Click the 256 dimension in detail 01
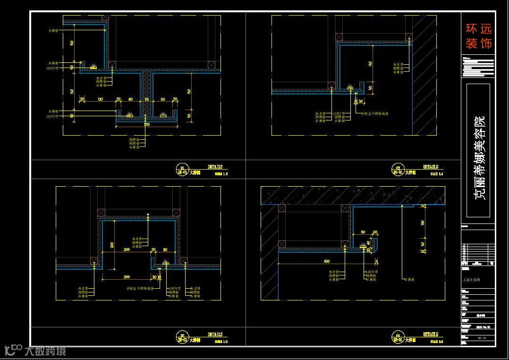coord(147,124)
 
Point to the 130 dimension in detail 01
coord(100,99)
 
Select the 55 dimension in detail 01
coord(147,99)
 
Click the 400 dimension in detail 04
coord(326,261)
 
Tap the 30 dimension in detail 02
coord(361,101)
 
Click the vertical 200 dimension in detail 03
coord(112,245)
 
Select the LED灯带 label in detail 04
coord(372,272)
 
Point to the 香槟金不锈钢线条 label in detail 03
coord(140,288)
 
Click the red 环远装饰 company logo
coord(478,36)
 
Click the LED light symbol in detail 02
coord(350,88)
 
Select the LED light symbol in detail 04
coord(363,246)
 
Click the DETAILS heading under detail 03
coord(215,334)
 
